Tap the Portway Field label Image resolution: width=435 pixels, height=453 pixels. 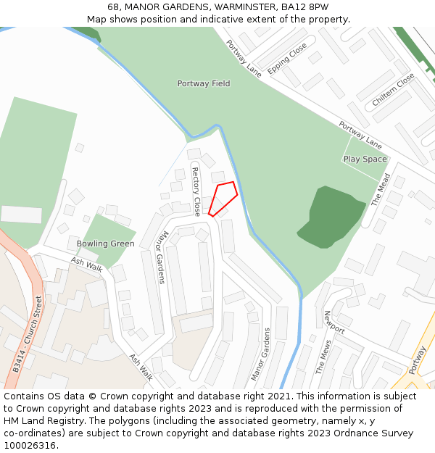click(204, 84)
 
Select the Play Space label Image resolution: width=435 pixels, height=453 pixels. click(365, 159)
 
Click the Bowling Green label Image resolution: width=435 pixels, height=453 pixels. click(106, 244)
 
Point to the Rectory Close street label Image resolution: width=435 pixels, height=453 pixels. click(196, 191)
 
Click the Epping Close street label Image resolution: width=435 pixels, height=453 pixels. click(287, 59)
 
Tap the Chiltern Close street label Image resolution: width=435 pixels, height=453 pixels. click(393, 90)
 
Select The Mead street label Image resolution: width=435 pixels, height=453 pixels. click(381, 190)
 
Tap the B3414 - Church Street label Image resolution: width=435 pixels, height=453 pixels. click(28, 334)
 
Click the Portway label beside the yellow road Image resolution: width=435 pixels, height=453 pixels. click(418, 360)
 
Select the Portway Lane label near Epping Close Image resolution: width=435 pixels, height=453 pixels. click(243, 58)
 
